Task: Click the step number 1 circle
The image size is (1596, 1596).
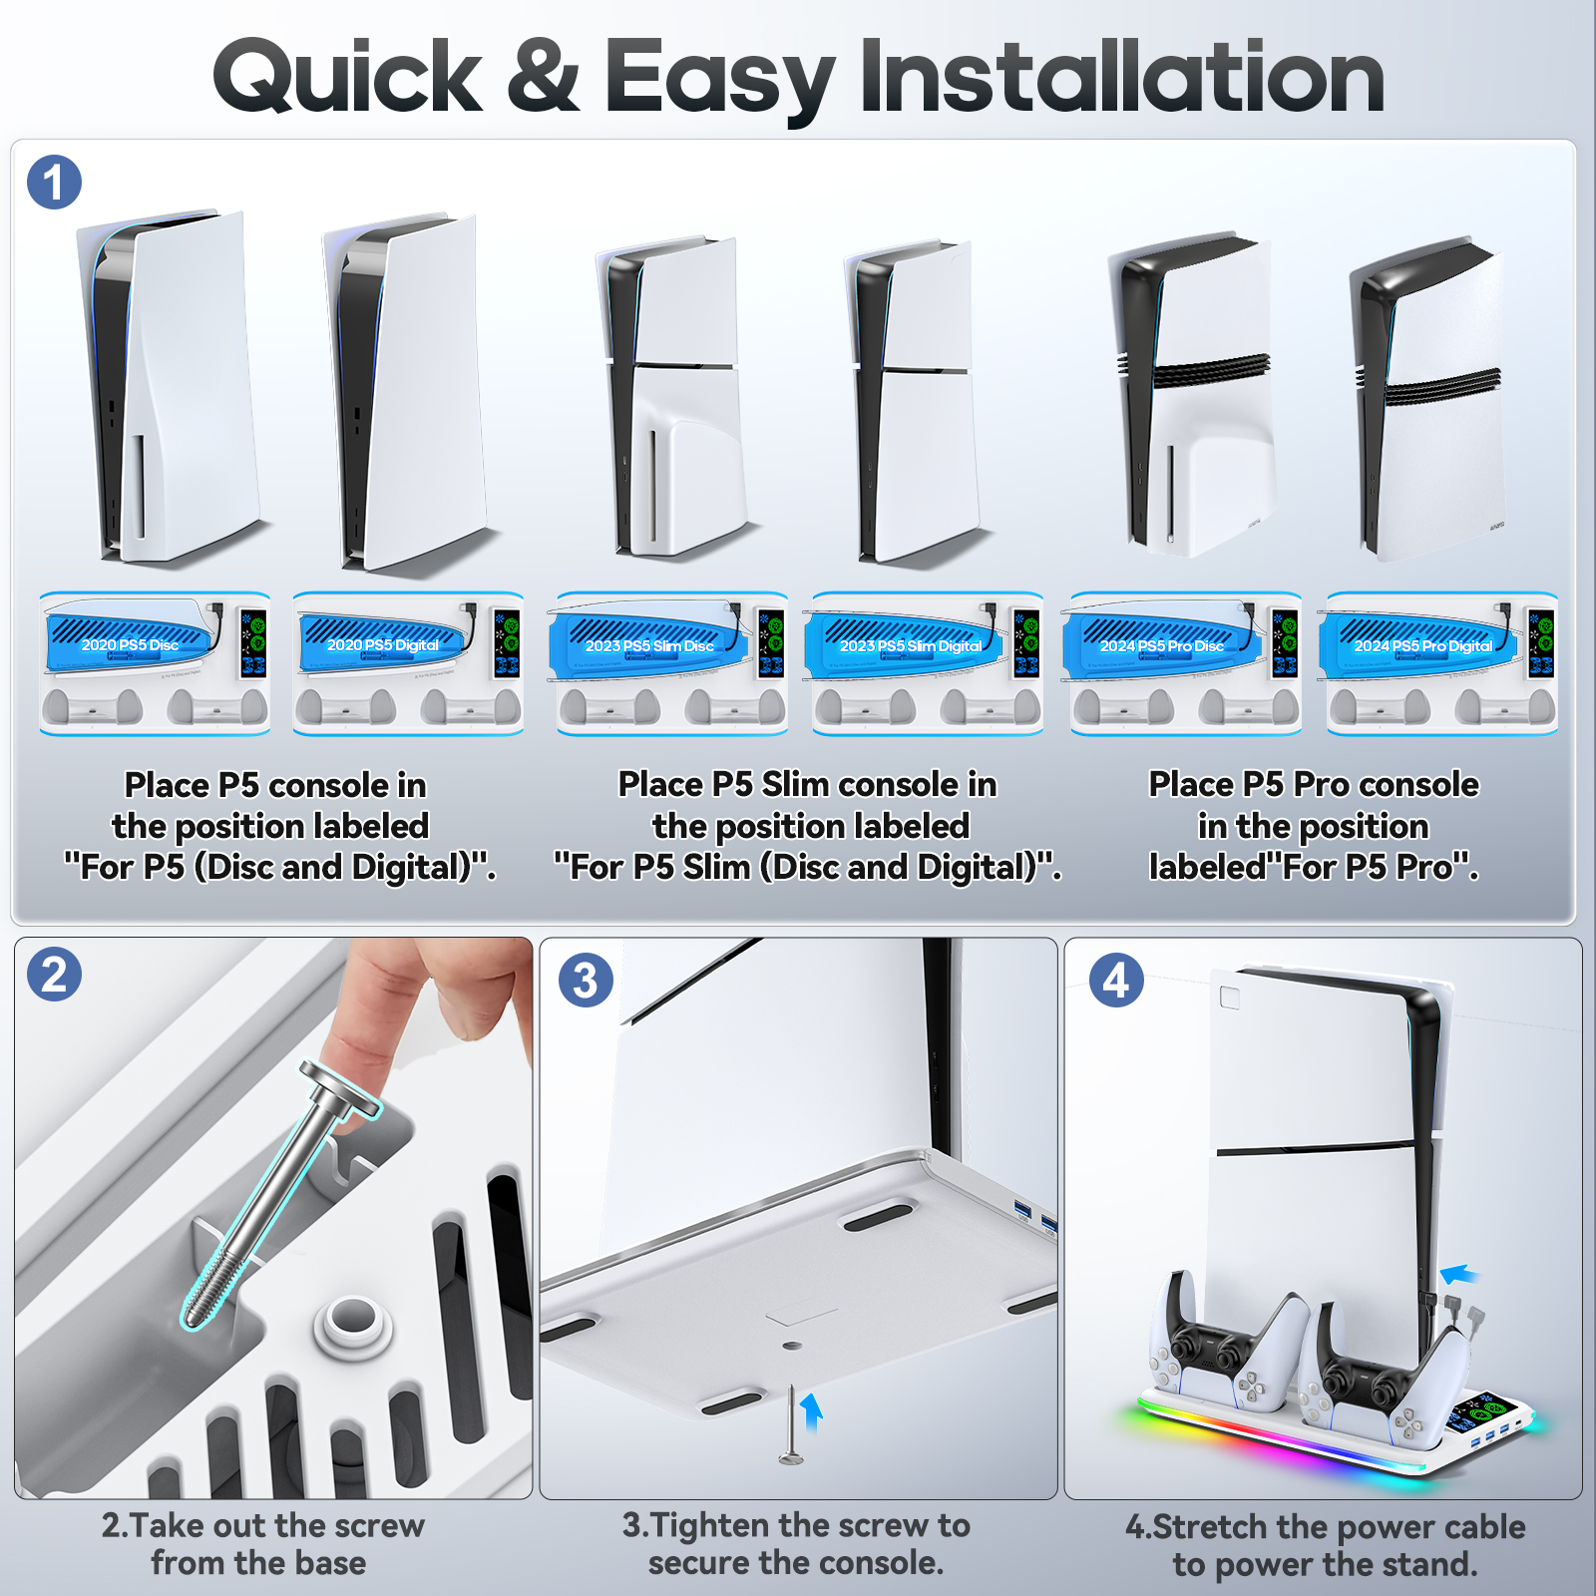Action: (54, 183)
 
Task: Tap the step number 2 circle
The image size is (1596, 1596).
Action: (54, 975)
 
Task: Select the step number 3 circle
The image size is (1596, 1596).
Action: (586, 980)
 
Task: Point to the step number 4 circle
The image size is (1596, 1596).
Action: (1116, 980)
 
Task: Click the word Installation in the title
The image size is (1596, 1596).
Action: (1122, 77)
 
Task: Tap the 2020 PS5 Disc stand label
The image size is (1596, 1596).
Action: (130, 645)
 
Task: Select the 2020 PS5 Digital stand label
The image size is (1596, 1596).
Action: (383, 645)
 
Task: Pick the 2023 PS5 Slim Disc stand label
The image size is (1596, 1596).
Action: (649, 646)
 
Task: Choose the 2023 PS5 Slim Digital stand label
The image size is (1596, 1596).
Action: (911, 646)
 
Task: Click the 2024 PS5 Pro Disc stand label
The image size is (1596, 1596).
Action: (1162, 646)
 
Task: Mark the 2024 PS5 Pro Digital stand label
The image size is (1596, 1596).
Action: (1423, 646)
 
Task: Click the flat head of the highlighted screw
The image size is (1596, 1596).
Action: (340, 1088)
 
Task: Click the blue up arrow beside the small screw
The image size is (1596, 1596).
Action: (812, 1411)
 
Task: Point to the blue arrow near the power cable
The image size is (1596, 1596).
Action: (1460, 1274)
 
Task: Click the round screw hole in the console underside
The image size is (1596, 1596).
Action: (792, 1346)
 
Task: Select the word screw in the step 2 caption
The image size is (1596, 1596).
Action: (379, 1526)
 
